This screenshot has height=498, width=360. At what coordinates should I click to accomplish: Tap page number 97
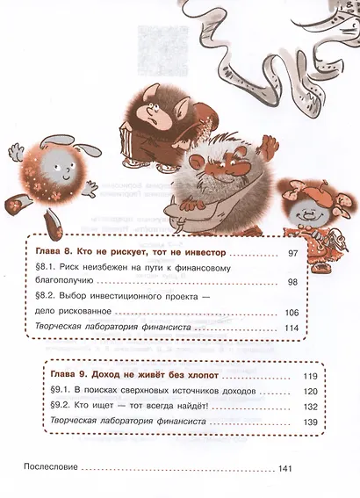[x=294, y=252]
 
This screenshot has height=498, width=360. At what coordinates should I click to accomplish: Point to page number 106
[x=292, y=312]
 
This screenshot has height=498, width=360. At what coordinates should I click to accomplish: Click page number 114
[x=292, y=328]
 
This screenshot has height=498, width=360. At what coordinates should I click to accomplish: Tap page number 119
[x=310, y=375]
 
